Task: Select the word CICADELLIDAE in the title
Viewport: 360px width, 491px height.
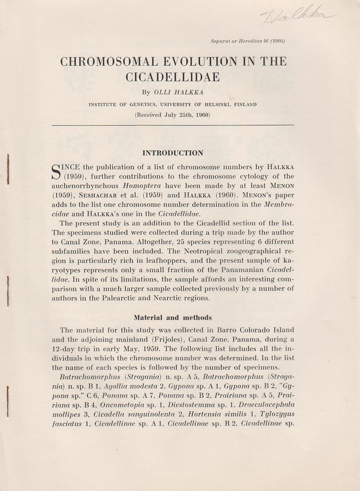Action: pos(173,77)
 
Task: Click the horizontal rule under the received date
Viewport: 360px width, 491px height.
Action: pos(173,125)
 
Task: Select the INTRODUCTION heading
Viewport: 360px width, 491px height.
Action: pos(173,153)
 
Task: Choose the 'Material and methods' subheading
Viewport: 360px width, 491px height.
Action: pos(173,317)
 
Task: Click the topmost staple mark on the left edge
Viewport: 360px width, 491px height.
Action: pos(8,169)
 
